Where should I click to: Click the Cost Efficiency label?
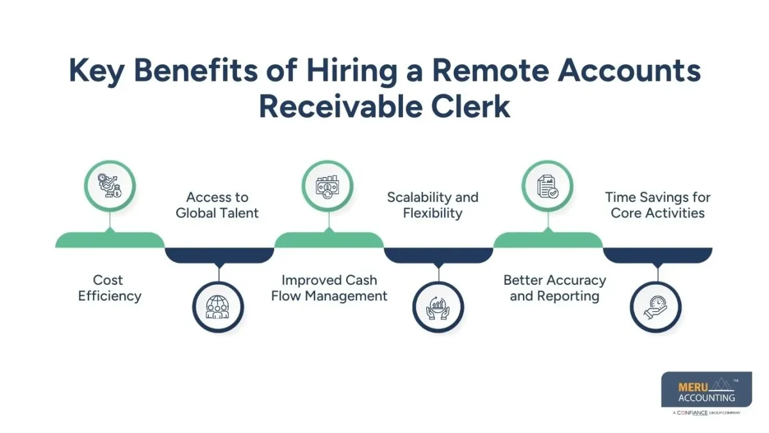click(x=109, y=288)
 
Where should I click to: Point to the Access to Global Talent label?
click(x=217, y=205)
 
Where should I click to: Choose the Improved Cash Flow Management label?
click(x=329, y=288)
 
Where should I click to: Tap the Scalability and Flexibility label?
click(x=433, y=205)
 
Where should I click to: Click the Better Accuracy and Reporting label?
click(x=554, y=288)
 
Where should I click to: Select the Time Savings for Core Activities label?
click(x=657, y=205)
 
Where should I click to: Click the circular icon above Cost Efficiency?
click(x=110, y=186)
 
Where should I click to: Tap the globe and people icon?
click(x=219, y=307)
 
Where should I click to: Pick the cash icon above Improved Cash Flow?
click(x=328, y=186)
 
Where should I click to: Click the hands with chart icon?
click(x=438, y=307)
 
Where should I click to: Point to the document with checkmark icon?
click(x=548, y=186)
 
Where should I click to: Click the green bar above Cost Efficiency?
click(x=110, y=241)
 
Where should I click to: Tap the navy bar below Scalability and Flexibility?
click(x=438, y=255)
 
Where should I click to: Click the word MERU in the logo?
click(x=691, y=387)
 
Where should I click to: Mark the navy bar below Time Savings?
click(x=657, y=255)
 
